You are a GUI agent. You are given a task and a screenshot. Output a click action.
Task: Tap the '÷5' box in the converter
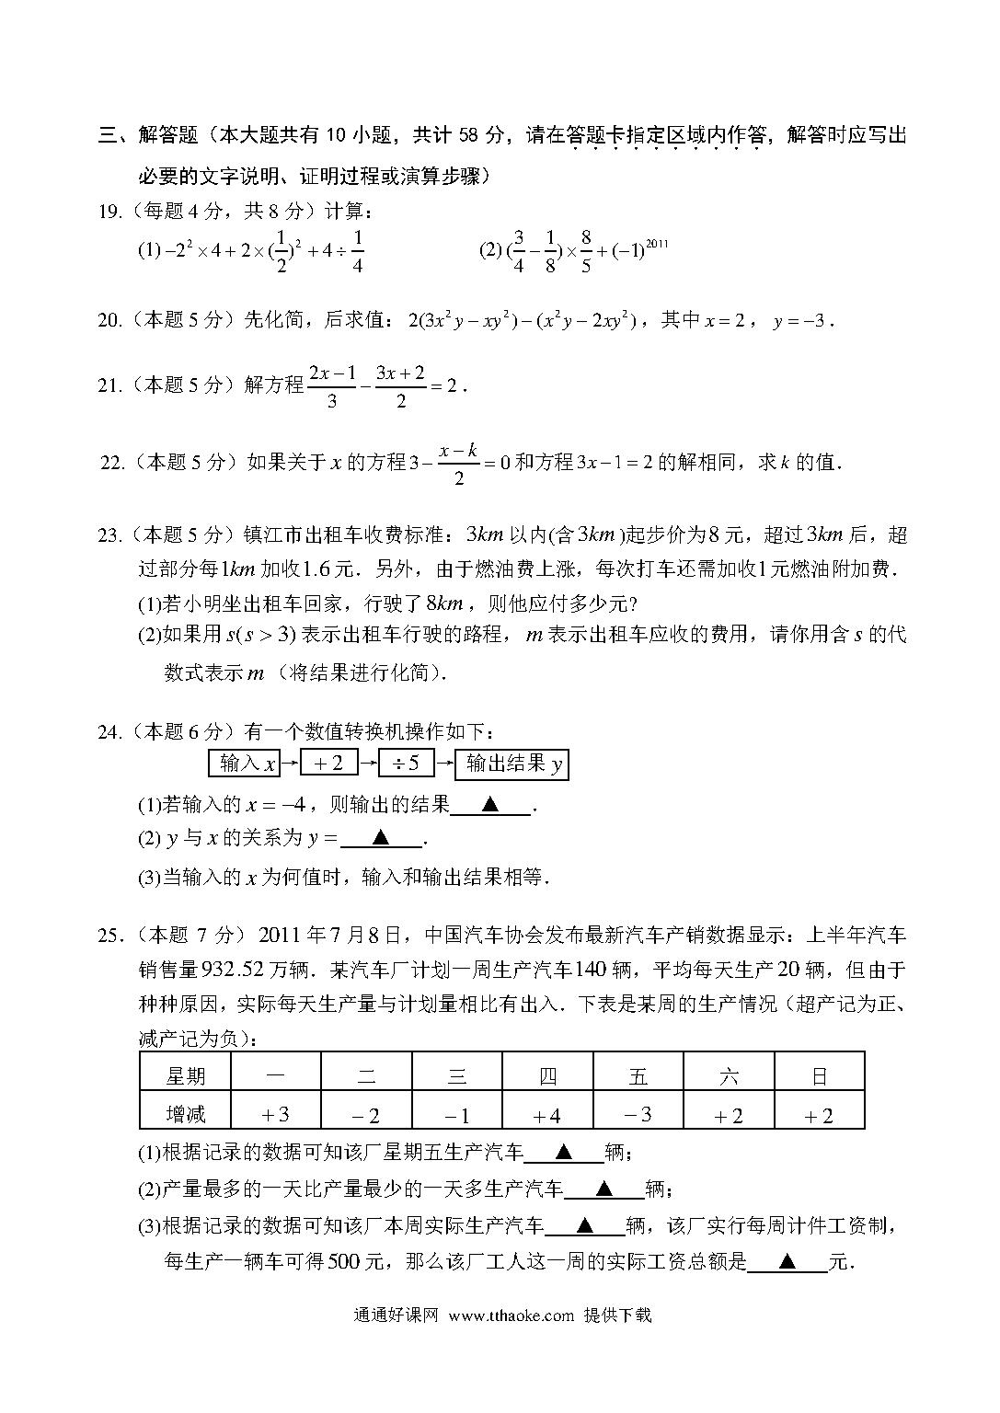(406, 764)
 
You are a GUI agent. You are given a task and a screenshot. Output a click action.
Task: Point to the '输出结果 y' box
(512, 764)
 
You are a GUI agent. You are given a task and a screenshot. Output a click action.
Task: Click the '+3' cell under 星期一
(275, 1115)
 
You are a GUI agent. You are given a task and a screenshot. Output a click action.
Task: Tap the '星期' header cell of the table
(185, 1076)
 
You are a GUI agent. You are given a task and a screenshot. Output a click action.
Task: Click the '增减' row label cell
(185, 1115)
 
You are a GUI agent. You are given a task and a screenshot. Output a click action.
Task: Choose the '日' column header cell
(819, 1076)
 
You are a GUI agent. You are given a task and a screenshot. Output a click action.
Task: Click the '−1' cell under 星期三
(456, 1115)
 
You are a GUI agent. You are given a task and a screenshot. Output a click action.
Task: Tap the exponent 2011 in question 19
(657, 244)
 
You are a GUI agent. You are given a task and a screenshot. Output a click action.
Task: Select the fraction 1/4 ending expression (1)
(357, 250)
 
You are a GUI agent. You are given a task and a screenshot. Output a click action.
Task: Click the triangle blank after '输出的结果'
(491, 805)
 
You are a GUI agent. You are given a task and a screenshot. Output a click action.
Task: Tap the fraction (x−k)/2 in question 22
(458, 463)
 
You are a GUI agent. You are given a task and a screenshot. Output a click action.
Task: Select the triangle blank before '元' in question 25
(787, 1262)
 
